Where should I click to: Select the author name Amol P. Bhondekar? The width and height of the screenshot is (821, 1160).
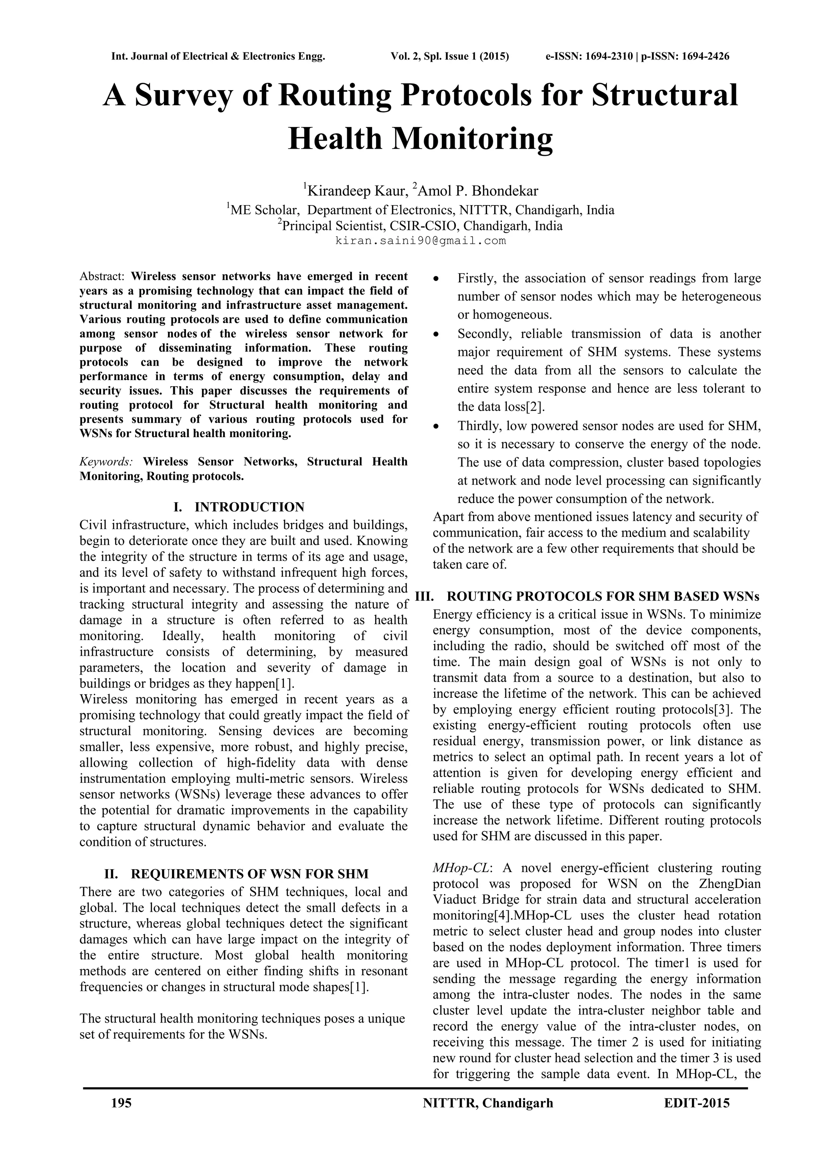pyautogui.click(x=478, y=191)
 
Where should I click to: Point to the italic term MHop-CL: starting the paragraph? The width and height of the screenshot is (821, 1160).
pyautogui.click(x=463, y=868)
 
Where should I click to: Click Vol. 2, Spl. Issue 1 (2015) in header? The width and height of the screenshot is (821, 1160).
pyautogui.click(x=449, y=56)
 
